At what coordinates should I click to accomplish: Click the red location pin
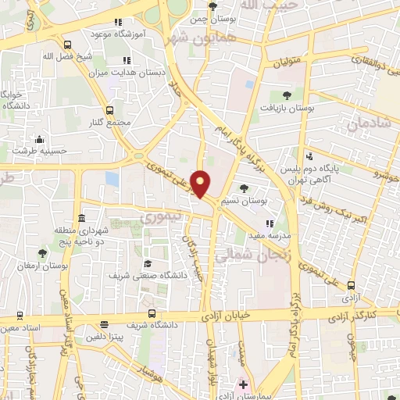coord(201,184)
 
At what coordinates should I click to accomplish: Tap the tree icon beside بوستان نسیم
coord(245,188)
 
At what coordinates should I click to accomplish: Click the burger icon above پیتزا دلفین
coord(105,325)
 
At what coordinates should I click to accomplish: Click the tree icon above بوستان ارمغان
coord(42,253)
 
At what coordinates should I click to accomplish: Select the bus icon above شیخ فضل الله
coord(68,45)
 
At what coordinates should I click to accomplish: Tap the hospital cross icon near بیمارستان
coord(243,384)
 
